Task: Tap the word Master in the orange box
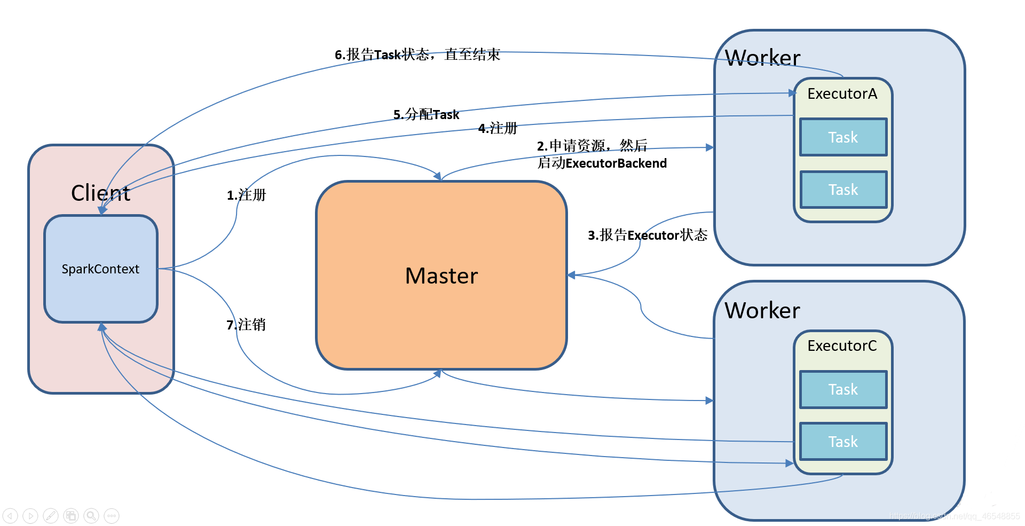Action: (441, 276)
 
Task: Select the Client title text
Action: (100, 193)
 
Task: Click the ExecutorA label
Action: (842, 94)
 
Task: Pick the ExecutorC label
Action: (842, 346)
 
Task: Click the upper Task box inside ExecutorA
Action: (843, 137)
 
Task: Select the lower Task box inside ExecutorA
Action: (843, 190)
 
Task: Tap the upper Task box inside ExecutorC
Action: (843, 389)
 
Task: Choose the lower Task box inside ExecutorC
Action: (843, 442)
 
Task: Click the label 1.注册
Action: (246, 195)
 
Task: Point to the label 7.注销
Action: (246, 325)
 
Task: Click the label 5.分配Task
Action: (426, 114)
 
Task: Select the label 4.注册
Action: (498, 128)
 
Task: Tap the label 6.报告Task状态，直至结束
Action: (417, 54)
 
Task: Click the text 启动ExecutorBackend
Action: (602, 163)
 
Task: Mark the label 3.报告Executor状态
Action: (647, 235)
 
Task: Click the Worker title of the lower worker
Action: (762, 310)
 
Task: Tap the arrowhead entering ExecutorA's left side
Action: (792, 93)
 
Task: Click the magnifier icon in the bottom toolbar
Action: (91, 515)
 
